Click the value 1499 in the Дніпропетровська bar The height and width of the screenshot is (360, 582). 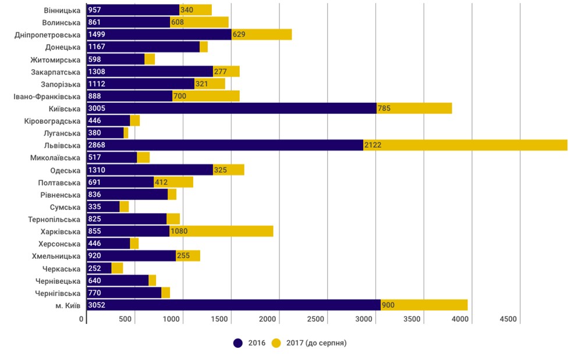97,34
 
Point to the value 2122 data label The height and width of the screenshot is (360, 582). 372,145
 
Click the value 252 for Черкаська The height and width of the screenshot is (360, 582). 94,268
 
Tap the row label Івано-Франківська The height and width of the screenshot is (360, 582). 47,96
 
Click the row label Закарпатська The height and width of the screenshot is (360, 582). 56,72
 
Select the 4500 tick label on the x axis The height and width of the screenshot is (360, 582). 508,319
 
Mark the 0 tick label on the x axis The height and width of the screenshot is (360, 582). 82,319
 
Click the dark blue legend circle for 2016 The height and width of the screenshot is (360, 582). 238,343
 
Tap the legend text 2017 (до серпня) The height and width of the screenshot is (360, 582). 316,343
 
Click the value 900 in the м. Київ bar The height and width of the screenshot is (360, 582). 388,305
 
